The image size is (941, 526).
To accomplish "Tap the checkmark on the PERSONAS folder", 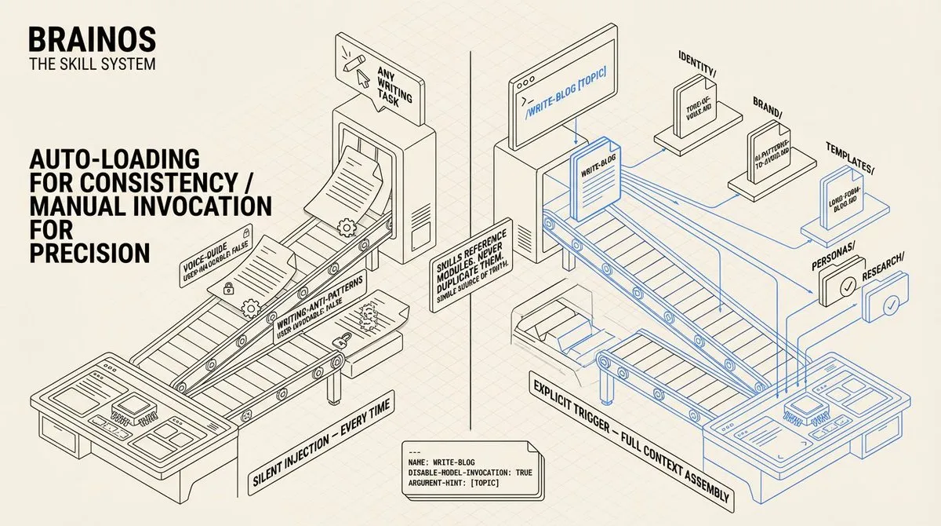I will coord(846,288).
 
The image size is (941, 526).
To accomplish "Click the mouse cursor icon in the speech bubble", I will coord(362,78).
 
